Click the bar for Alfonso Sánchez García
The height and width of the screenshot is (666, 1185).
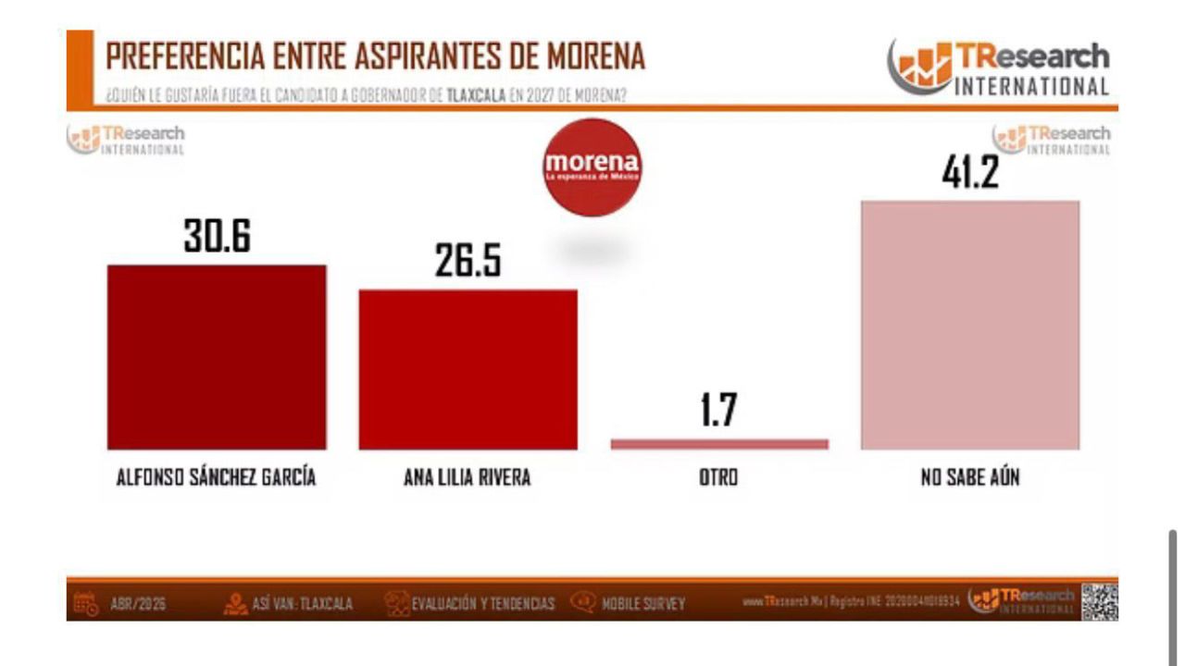point(217,357)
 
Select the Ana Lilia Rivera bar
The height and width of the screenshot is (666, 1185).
point(468,369)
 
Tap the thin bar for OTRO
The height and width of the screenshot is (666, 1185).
point(719,444)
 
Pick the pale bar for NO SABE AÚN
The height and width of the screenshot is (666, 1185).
point(969,325)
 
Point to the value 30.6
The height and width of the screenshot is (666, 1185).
point(217,237)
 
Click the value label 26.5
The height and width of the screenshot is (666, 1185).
point(468,262)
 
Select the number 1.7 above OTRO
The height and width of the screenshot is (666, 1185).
point(718,410)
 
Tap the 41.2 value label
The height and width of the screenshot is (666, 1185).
point(969,173)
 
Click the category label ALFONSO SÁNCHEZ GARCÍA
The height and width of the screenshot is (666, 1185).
point(216,478)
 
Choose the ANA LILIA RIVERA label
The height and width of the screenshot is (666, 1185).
point(468,478)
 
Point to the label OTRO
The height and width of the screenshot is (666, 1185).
point(718,478)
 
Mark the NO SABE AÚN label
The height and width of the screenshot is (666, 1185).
point(969,478)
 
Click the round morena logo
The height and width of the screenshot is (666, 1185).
point(592,167)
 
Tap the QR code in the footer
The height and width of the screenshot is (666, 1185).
point(1100,602)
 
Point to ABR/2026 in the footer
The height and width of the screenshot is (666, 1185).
point(137,604)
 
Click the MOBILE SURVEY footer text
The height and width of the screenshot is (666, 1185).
point(643,604)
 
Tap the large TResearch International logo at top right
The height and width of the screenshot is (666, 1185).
point(999,67)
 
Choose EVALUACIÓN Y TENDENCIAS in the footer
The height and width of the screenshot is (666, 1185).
point(482,604)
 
